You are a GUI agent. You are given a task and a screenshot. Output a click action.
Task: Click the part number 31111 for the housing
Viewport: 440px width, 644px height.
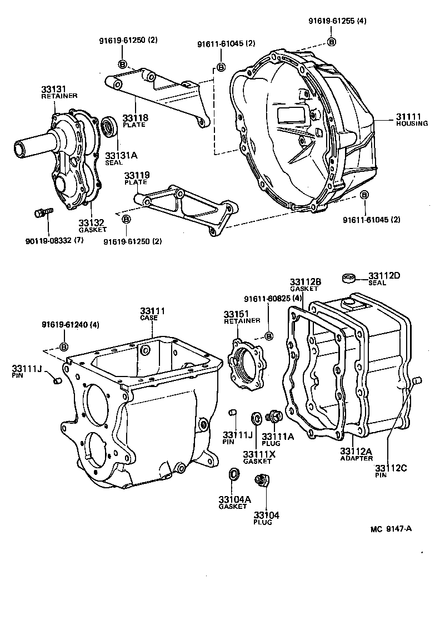(408, 116)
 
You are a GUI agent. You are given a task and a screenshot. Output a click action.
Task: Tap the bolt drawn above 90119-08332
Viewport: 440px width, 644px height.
(42, 212)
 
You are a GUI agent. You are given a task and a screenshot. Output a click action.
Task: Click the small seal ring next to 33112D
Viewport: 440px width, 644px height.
(349, 277)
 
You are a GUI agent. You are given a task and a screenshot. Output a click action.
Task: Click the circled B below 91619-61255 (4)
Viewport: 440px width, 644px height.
(332, 42)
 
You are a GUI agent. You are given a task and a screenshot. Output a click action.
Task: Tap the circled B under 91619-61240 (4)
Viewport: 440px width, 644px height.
(63, 347)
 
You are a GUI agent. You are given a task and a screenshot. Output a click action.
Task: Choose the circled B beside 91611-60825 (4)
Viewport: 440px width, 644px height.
(268, 335)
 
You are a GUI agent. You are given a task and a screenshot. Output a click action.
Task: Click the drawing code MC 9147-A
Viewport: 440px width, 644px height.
(391, 528)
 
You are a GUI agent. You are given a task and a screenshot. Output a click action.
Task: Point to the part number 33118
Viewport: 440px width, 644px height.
(134, 118)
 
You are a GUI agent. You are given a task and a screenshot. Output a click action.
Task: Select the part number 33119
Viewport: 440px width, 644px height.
(135, 175)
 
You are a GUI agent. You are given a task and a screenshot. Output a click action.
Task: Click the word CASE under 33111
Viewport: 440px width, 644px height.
(149, 318)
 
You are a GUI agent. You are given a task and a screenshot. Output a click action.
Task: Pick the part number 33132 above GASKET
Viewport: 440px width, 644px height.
(91, 222)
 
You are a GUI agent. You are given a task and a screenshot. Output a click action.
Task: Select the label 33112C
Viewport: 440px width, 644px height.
(391, 468)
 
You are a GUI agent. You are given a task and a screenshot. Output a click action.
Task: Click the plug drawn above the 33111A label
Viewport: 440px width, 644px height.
(273, 416)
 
